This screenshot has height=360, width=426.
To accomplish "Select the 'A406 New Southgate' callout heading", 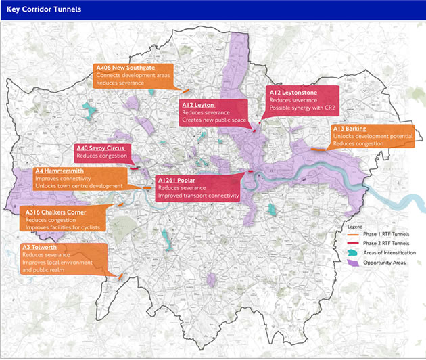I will (125, 68).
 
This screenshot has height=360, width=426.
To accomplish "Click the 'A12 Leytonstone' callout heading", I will (293, 92).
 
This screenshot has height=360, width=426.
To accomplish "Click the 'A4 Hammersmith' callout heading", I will (64, 172).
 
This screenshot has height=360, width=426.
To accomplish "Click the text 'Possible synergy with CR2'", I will (302, 108).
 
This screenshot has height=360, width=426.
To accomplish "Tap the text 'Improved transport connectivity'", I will (198, 196).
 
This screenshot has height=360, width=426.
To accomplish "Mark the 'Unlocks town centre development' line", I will (78, 186).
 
